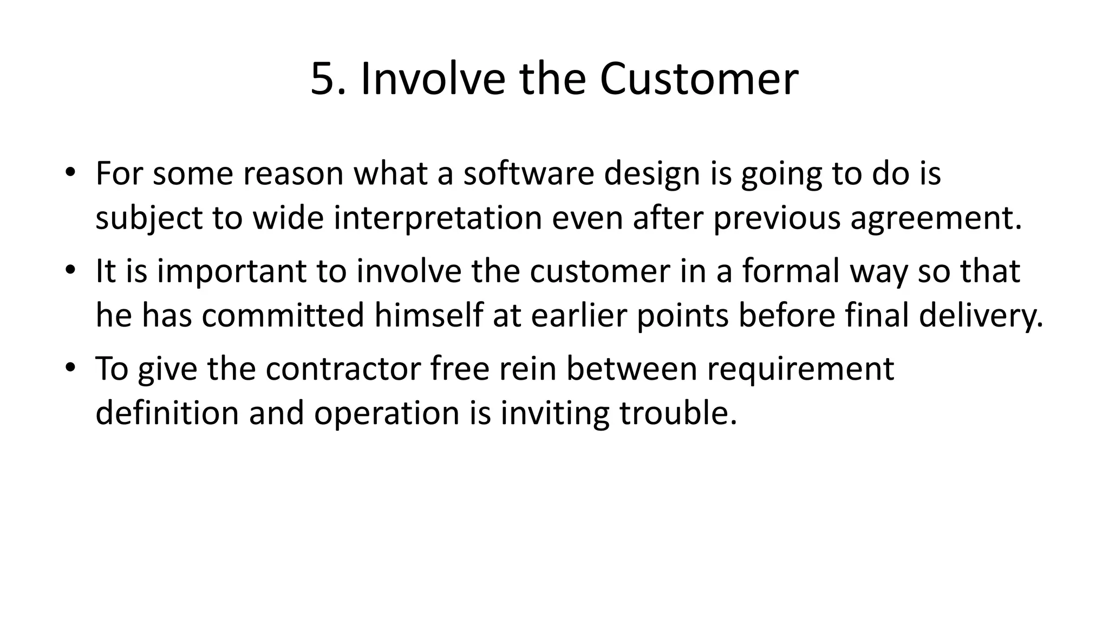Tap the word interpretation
[x=438, y=218]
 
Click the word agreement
[x=936, y=218]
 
